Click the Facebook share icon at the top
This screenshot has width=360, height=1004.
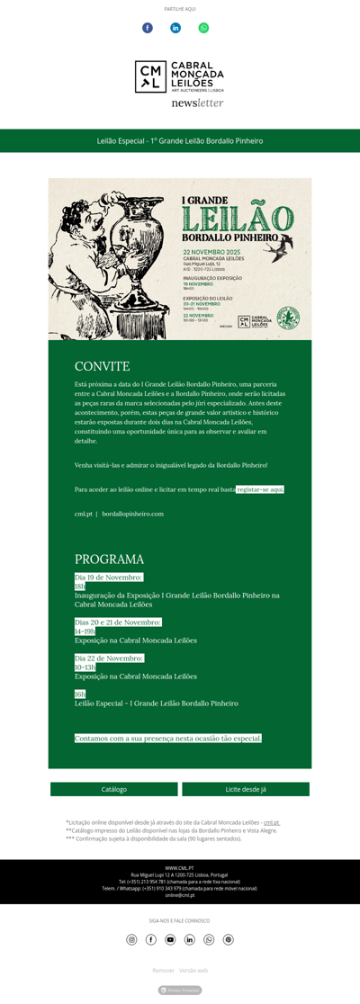point(148,28)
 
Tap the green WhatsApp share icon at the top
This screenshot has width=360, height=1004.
point(203,28)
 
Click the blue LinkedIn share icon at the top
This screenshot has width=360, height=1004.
point(175,28)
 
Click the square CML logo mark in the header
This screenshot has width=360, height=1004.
point(150,76)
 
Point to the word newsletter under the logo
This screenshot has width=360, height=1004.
point(197,103)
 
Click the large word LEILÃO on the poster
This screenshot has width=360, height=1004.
point(237,218)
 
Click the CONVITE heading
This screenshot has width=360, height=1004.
point(102,366)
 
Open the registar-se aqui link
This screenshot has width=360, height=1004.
point(260,489)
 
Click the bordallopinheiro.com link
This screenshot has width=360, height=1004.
point(132,514)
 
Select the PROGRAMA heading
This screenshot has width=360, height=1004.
point(109,559)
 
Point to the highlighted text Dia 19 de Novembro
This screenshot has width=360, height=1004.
point(108,577)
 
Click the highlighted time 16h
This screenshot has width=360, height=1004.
point(80,694)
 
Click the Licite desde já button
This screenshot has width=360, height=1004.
point(246,789)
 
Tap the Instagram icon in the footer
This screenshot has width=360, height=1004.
point(131,939)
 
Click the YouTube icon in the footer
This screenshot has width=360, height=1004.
point(170,939)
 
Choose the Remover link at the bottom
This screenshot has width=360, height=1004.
point(163,971)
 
